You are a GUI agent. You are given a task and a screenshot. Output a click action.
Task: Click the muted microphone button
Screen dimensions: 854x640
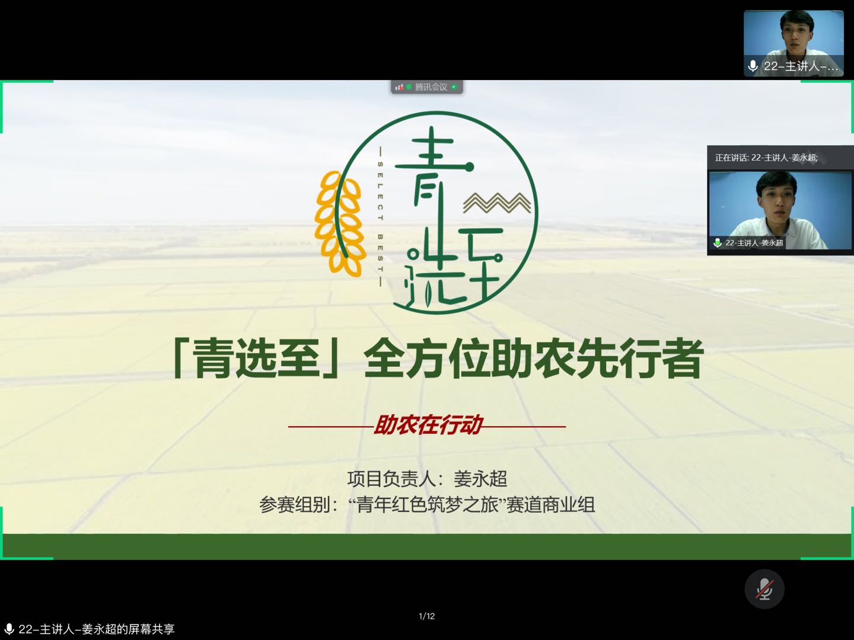tap(764, 588)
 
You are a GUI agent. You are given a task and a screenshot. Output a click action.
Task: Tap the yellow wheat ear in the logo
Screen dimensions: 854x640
tap(339, 223)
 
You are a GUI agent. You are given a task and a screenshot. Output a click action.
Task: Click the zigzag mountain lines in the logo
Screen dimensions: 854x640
tap(497, 203)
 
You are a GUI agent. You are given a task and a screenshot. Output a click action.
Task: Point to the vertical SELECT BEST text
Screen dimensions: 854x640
tap(380, 217)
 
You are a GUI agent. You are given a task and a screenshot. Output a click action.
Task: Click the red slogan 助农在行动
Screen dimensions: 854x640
tap(428, 425)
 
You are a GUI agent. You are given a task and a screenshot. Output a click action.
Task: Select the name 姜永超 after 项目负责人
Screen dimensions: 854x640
tap(480, 478)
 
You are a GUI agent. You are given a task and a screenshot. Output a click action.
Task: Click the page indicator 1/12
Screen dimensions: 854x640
tap(427, 616)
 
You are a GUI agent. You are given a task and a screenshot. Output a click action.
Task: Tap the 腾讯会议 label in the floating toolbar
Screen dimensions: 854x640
tap(431, 87)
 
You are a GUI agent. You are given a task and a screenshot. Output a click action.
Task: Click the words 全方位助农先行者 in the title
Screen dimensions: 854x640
tap(533, 359)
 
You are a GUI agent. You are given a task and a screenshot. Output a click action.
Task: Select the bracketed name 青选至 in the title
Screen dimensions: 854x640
tap(256, 359)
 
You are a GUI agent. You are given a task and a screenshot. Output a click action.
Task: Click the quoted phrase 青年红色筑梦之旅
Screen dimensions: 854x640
tap(427, 505)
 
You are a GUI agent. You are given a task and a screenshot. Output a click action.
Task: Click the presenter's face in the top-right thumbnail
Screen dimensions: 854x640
tap(796, 36)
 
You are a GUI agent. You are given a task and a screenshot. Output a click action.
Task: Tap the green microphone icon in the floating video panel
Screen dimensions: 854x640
tap(718, 243)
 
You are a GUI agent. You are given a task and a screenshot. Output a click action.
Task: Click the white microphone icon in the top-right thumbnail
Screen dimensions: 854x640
tap(753, 66)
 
